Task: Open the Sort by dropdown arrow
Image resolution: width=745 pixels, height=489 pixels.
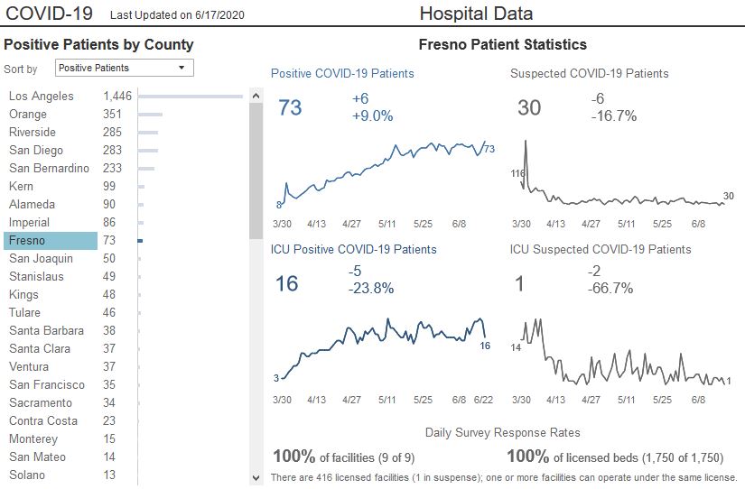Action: click(x=182, y=68)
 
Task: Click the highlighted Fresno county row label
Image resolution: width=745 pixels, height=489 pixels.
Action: click(x=26, y=241)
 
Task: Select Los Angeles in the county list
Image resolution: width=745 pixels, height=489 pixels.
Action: click(x=41, y=97)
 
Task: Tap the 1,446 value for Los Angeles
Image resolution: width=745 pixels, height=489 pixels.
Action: click(x=117, y=97)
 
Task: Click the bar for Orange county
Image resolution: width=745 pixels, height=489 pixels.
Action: click(x=150, y=115)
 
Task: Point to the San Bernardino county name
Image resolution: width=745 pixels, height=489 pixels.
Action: click(x=49, y=169)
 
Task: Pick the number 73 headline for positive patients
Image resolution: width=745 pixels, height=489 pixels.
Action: click(x=290, y=107)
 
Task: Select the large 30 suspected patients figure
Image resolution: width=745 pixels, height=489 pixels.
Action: click(x=529, y=107)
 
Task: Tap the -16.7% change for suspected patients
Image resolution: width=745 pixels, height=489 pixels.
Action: click(x=614, y=115)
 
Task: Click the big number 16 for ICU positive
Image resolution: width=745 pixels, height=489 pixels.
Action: click(x=286, y=284)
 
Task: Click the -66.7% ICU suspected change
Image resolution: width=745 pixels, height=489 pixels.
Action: click(x=610, y=289)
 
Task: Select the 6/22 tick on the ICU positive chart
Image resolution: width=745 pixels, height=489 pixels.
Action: click(x=483, y=400)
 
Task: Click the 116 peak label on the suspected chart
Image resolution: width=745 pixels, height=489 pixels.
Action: click(x=517, y=173)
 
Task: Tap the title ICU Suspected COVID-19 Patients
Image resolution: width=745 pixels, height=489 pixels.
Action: click(x=601, y=249)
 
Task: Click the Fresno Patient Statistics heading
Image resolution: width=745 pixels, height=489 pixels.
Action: click(x=503, y=44)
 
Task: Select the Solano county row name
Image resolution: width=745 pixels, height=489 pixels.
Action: click(x=29, y=475)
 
